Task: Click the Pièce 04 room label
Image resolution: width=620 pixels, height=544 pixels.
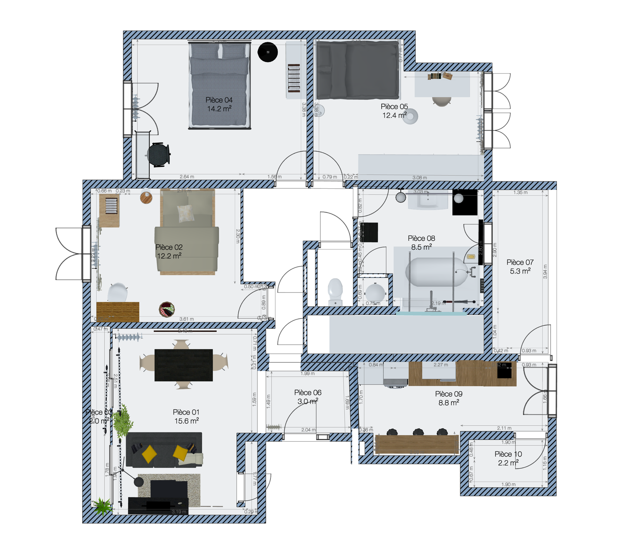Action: [x=219, y=100]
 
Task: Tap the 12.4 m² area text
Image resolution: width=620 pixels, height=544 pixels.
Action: [x=394, y=115]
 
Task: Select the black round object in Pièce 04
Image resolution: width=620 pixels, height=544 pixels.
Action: [x=268, y=52]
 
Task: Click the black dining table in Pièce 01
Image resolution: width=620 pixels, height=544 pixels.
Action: [x=184, y=365]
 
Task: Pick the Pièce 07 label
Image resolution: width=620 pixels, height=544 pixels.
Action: [x=520, y=262]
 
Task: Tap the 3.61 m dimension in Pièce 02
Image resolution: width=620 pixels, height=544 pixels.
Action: [x=187, y=319]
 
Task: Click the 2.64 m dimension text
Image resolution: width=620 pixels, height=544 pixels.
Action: [x=187, y=177]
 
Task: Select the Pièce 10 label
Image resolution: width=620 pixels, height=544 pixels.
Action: [x=508, y=454]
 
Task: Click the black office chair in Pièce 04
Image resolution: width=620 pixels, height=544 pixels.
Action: [x=159, y=154]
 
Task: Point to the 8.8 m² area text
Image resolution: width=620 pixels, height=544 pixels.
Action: [x=449, y=403]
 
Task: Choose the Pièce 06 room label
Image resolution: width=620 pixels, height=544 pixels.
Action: [x=308, y=393]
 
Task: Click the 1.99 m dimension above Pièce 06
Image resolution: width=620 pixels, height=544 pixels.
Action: [x=308, y=374]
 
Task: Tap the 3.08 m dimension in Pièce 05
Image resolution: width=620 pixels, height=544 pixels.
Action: [x=420, y=177]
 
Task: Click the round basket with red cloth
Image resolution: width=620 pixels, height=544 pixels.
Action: [x=167, y=309]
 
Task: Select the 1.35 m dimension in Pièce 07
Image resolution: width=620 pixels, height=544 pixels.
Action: [x=520, y=193]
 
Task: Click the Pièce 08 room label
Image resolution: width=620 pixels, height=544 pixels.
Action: [x=421, y=238]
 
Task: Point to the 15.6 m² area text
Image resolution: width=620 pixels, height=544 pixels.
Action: [x=186, y=421]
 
